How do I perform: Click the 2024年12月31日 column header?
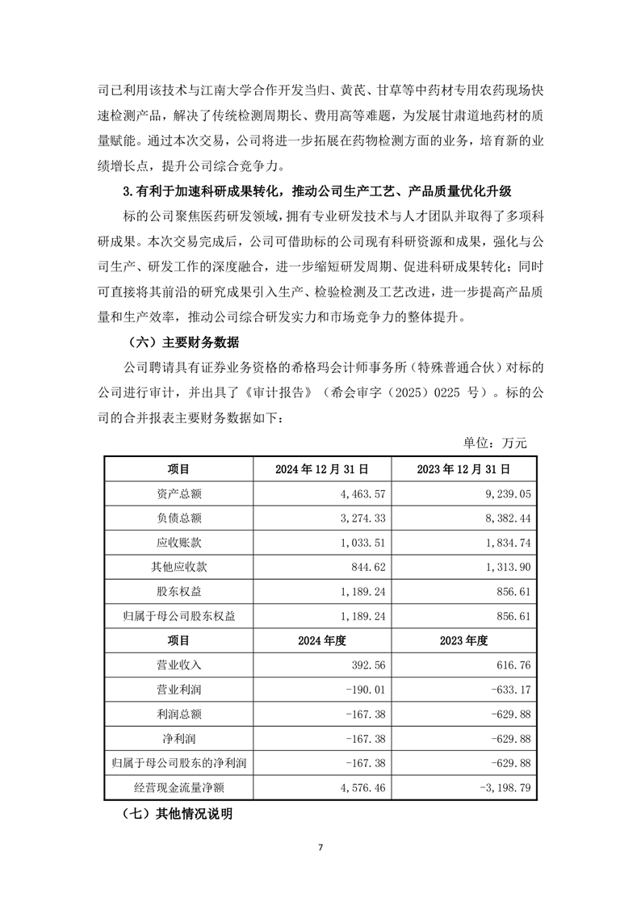[x=322, y=468]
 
